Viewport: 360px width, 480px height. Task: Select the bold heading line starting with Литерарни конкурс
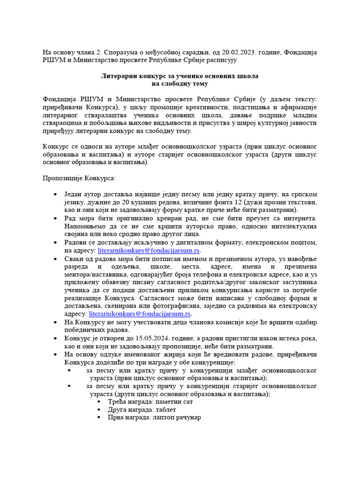pos(180,75)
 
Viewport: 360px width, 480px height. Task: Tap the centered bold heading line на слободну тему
pos(180,83)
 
